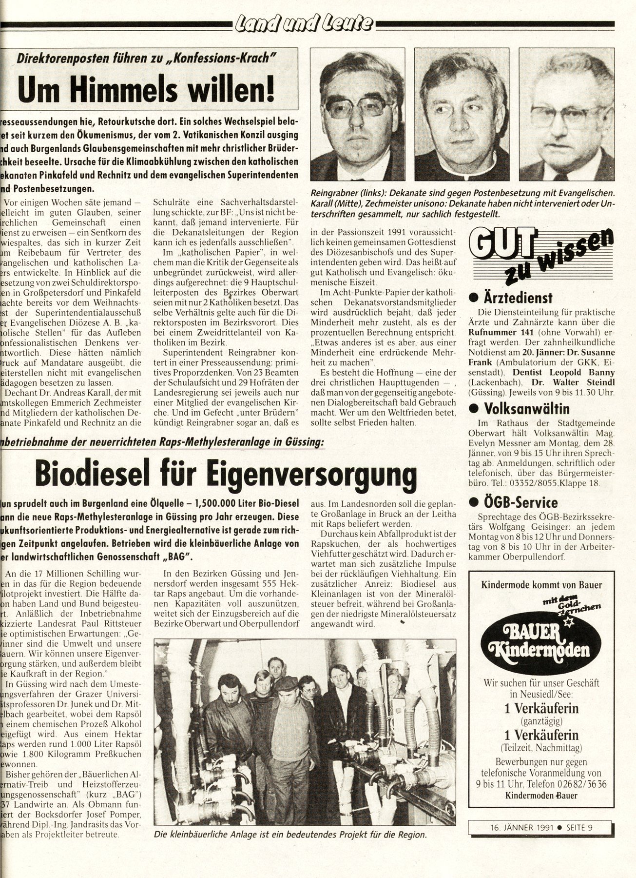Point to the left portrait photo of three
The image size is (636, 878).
(x=358, y=115)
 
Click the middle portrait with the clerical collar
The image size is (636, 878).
(x=462, y=115)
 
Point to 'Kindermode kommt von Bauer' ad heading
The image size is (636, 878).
(x=541, y=584)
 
